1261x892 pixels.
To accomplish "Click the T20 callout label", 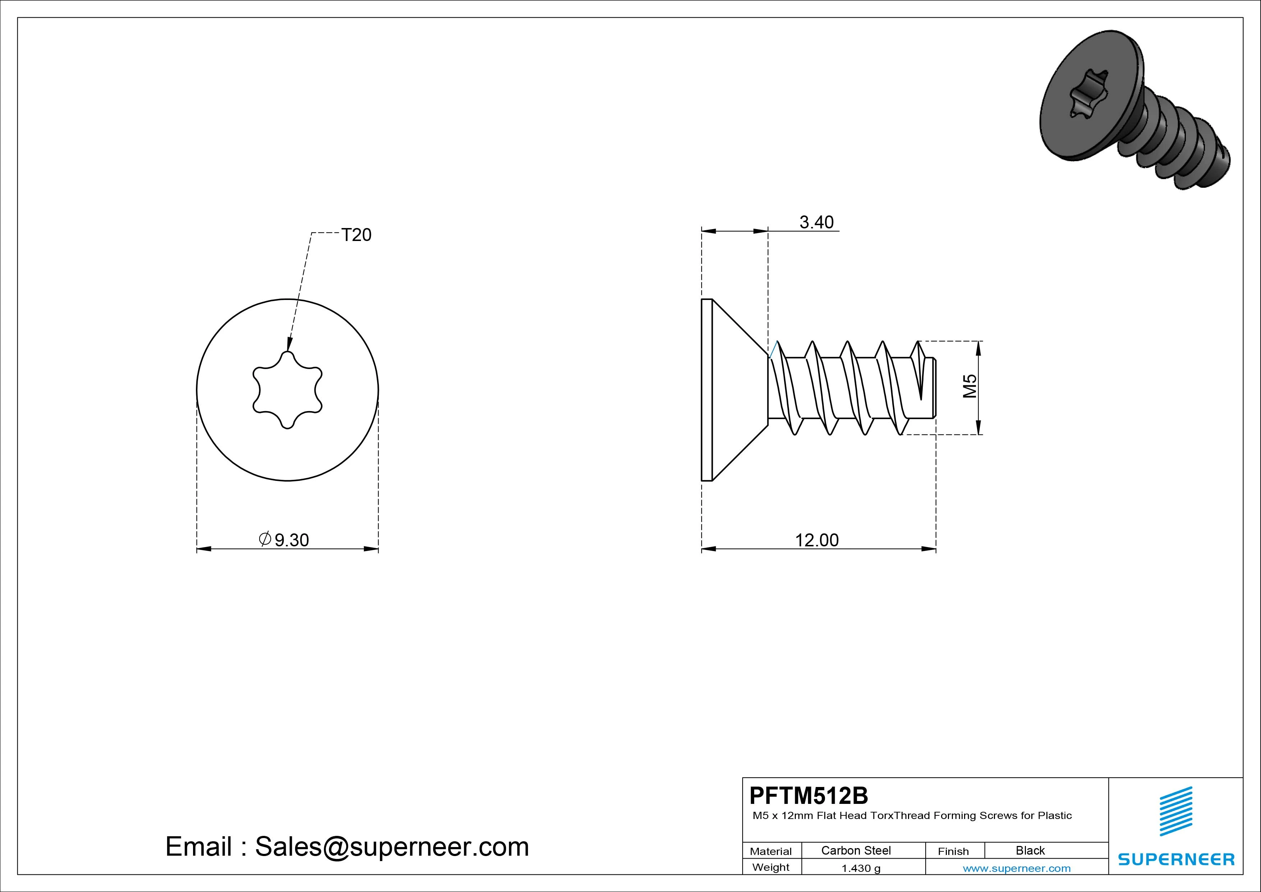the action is [357, 235].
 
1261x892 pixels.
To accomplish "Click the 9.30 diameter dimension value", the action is [292, 540].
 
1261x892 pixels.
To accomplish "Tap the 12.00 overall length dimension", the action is [817, 540].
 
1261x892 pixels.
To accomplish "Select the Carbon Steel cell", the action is [856, 850].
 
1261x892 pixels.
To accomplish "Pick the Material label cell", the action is [771, 851].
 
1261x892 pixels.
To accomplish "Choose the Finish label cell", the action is [953, 851].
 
